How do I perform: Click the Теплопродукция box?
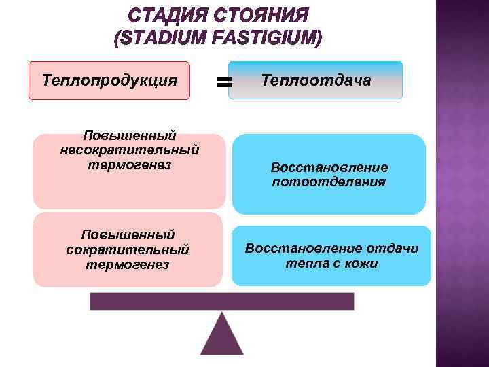point(109,81)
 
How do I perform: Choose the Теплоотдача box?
point(316,81)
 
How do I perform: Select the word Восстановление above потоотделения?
point(329,167)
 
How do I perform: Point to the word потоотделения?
point(329,182)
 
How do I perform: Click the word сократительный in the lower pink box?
point(128,249)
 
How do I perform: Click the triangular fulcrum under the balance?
point(221,336)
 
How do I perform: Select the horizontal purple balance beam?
point(221,301)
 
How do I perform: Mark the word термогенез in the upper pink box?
point(129,164)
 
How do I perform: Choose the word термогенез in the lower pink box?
point(128,264)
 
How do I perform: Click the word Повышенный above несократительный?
point(129,135)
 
